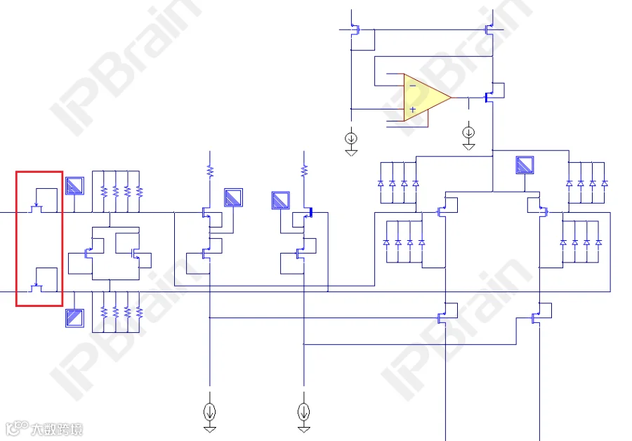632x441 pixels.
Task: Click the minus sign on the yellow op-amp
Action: tap(413, 86)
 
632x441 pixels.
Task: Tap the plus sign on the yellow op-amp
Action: tap(413, 110)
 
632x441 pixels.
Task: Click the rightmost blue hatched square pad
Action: tap(525, 165)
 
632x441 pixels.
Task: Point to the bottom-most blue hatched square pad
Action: tap(74, 318)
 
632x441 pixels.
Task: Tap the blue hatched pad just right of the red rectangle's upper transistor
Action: tap(74, 186)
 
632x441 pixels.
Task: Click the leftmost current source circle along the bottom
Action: tap(209, 412)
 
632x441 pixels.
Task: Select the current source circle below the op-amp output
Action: tap(468, 132)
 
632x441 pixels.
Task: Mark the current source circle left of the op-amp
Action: tap(351, 138)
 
